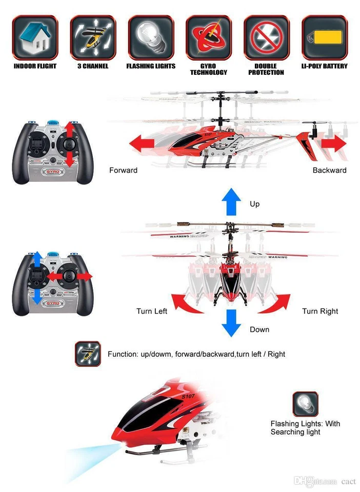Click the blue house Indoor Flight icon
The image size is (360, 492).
(x=35, y=37)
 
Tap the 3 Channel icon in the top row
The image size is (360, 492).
(x=93, y=37)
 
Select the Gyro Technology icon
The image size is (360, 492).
(x=208, y=37)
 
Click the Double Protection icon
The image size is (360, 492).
(x=266, y=37)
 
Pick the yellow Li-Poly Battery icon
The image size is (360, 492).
(x=324, y=37)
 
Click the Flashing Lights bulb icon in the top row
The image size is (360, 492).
(x=151, y=37)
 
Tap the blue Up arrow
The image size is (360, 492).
(x=231, y=200)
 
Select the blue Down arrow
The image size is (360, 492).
(x=231, y=323)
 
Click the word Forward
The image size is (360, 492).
(x=123, y=170)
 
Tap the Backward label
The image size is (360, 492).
(x=329, y=170)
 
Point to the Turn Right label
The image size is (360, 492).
(x=320, y=311)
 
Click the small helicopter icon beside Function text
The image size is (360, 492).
(x=88, y=354)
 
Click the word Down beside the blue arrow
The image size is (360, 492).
(x=259, y=329)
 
